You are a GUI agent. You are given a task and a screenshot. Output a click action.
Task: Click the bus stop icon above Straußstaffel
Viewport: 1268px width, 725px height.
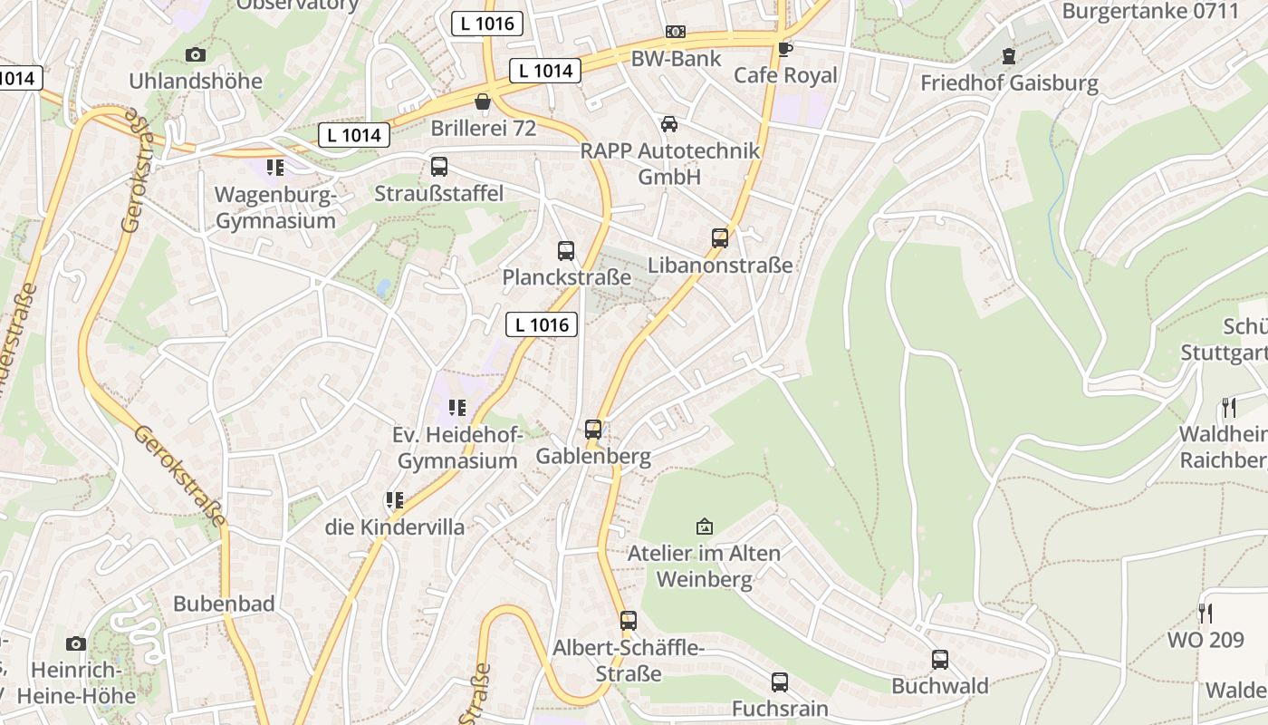click(x=439, y=167)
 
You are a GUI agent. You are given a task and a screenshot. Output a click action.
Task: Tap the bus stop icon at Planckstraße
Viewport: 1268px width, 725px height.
click(x=566, y=251)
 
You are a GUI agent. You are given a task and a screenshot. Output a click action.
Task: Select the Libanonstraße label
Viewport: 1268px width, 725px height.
click(x=720, y=266)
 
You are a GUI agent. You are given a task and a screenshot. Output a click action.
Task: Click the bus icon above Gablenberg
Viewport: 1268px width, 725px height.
click(x=593, y=430)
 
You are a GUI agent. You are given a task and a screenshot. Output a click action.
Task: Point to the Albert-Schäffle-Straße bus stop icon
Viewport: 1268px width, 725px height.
click(x=629, y=621)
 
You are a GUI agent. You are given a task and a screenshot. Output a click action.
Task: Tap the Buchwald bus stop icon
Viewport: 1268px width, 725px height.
click(x=940, y=660)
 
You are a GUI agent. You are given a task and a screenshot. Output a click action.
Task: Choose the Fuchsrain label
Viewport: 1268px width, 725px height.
click(x=780, y=708)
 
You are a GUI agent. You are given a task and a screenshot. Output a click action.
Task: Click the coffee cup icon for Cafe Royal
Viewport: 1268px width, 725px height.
click(x=785, y=49)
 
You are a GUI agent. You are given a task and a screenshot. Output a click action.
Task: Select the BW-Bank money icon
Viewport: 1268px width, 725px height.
click(x=676, y=32)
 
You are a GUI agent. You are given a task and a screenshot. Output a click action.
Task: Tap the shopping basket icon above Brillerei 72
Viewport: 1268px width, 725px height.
click(x=483, y=101)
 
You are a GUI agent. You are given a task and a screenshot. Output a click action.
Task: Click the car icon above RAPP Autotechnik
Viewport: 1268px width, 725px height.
click(x=669, y=124)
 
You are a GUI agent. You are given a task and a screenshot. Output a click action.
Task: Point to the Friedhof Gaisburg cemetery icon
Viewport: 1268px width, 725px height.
click(x=1008, y=57)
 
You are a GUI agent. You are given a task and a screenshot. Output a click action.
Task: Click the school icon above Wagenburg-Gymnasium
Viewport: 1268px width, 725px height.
click(x=275, y=168)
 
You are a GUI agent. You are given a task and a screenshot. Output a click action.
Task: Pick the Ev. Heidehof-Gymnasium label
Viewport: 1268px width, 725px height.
click(x=457, y=448)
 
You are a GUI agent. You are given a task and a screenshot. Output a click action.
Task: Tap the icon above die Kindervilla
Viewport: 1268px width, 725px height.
click(x=394, y=500)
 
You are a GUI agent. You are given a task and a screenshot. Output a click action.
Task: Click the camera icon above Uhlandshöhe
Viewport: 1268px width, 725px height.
click(x=195, y=55)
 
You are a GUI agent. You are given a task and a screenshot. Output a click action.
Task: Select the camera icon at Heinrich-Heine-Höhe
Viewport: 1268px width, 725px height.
click(x=76, y=643)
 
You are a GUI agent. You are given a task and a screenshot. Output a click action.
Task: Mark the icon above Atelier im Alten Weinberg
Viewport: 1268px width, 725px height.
click(x=704, y=527)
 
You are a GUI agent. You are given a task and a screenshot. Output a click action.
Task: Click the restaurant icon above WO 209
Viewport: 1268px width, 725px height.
click(x=1205, y=614)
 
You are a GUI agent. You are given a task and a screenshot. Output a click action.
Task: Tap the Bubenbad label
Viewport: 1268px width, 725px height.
click(x=224, y=604)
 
